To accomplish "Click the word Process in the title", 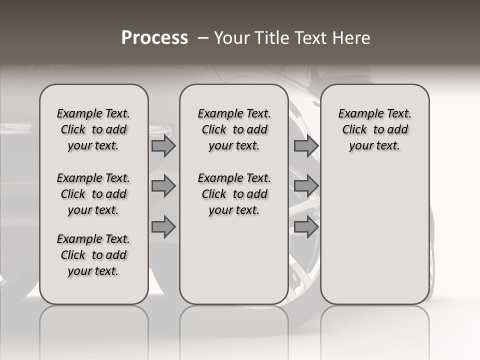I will (154, 37).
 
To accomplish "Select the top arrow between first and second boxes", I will (163, 145).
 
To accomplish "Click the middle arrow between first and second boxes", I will (163, 186).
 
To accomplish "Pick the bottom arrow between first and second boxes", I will (163, 227).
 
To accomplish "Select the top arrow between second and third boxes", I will (306, 145).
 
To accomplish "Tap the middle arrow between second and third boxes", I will (306, 186).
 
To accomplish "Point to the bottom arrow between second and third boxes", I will (306, 227).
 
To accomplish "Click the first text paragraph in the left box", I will (93, 129).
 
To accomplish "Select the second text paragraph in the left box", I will (93, 194).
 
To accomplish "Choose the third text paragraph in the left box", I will (93, 255).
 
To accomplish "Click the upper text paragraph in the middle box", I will (234, 129).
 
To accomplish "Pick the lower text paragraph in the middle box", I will (234, 194).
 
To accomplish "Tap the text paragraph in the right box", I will (375, 129).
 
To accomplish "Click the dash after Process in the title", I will (202, 38).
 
